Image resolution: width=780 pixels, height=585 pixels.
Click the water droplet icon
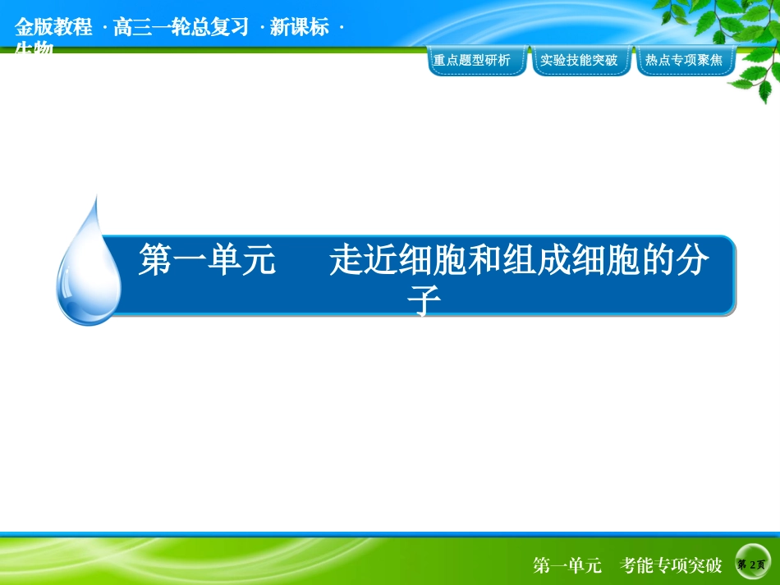pyautogui.click(x=89, y=264)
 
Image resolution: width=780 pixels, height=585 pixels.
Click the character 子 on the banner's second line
pyautogui.click(x=424, y=302)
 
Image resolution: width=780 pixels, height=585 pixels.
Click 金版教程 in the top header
pyautogui.click(x=53, y=27)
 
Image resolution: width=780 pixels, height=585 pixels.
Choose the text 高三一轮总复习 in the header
pyautogui.click(x=181, y=27)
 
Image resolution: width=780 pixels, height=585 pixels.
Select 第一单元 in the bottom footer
pyautogui.click(x=567, y=565)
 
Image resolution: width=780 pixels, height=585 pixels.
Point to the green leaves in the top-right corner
pyautogui.click(x=739, y=41)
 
